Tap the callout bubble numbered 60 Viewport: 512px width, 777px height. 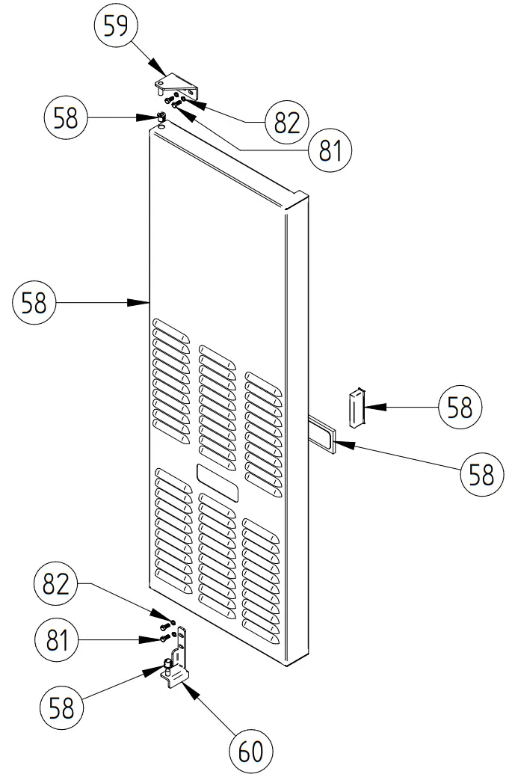click(250, 750)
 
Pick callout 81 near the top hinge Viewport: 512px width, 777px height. click(330, 151)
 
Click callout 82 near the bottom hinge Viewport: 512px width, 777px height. click(56, 585)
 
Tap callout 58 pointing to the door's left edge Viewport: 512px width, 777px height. click(34, 304)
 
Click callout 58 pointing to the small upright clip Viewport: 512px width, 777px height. click(460, 408)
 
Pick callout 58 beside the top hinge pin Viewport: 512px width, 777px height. click(67, 118)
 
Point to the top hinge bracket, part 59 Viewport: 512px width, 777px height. click(180, 85)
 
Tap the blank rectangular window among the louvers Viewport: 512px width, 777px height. click(218, 482)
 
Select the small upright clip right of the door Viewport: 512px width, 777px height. click(355, 408)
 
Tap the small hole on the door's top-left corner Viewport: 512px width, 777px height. click(158, 127)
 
